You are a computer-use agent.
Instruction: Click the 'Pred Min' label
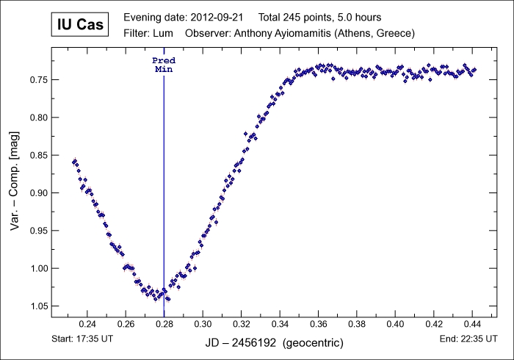point(164,64)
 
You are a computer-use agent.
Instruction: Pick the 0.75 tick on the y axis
point(38,79)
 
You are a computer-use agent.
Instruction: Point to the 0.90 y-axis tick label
point(38,192)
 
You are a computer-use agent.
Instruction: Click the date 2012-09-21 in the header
point(219,17)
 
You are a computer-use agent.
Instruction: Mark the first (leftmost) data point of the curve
point(73,162)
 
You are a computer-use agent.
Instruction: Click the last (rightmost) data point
point(474,69)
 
